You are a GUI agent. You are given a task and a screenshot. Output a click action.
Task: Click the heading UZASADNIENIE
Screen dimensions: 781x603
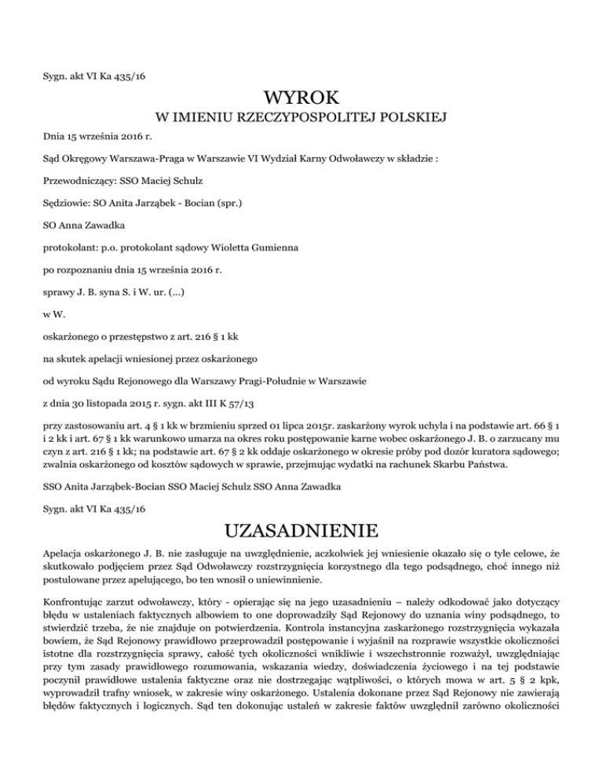pyautogui.click(x=301, y=525)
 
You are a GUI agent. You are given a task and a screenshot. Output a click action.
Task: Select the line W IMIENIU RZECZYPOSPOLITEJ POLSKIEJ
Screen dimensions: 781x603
pyautogui.click(x=301, y=119)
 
